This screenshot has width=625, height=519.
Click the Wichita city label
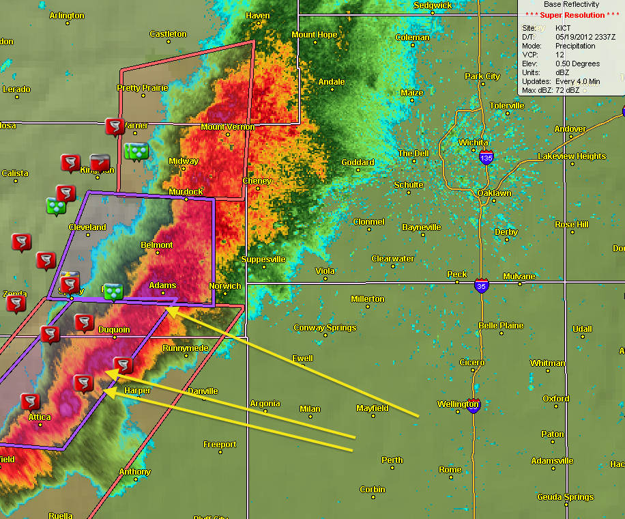coord(473,142)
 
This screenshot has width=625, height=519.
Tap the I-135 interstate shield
coord(486,158)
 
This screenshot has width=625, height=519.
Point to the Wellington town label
coord(458,404)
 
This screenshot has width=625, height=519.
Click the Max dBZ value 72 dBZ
coord(567,90)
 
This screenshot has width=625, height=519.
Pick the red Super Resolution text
coord(572,15)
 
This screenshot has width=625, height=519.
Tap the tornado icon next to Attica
coord(30,402)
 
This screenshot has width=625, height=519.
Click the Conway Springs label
coord(325,328)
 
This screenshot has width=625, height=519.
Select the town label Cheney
coord(257,181)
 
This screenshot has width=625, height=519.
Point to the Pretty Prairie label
coord(142,88)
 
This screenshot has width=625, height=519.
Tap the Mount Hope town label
coord(315,35)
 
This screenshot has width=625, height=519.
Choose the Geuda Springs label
coord(565,497)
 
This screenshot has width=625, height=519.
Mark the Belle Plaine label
coord(501,326)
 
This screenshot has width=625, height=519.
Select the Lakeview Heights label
coord(571,156)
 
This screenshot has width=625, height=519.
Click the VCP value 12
coord(560,55)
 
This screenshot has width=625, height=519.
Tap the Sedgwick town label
coord(433,5)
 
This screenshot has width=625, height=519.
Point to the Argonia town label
coord(265,404)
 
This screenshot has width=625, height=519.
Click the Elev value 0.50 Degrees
coord(578,64)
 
